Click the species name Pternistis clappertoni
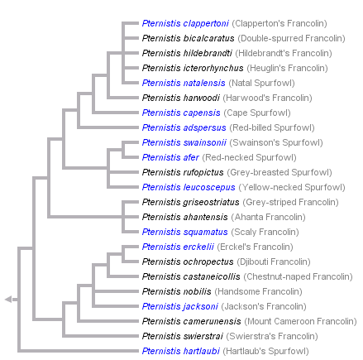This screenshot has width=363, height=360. [x=185, y=23]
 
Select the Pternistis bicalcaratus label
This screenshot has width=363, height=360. [x=188, y=38]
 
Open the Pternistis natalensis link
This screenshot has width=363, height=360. [x=183, y=83]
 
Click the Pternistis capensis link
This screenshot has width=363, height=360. [x=181, y=113]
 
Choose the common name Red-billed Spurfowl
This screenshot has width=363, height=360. [x=272, y=127]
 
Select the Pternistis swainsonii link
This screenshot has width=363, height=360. [x=184, y=142]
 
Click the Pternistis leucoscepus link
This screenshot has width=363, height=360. [x=186, y=187]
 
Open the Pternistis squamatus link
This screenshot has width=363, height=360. [x=184, y=232]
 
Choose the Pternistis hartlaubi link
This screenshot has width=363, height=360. [x=180, y=351]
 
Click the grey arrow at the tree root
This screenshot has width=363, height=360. [x=9, y=299]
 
